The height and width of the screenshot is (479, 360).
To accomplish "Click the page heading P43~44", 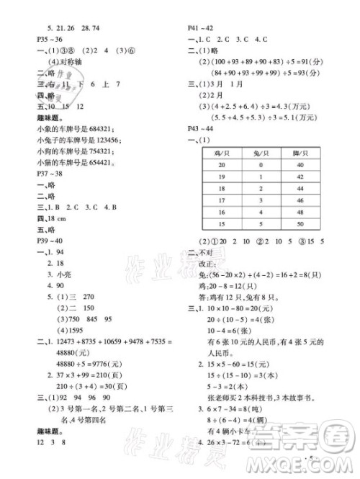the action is [x=199, y=128].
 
